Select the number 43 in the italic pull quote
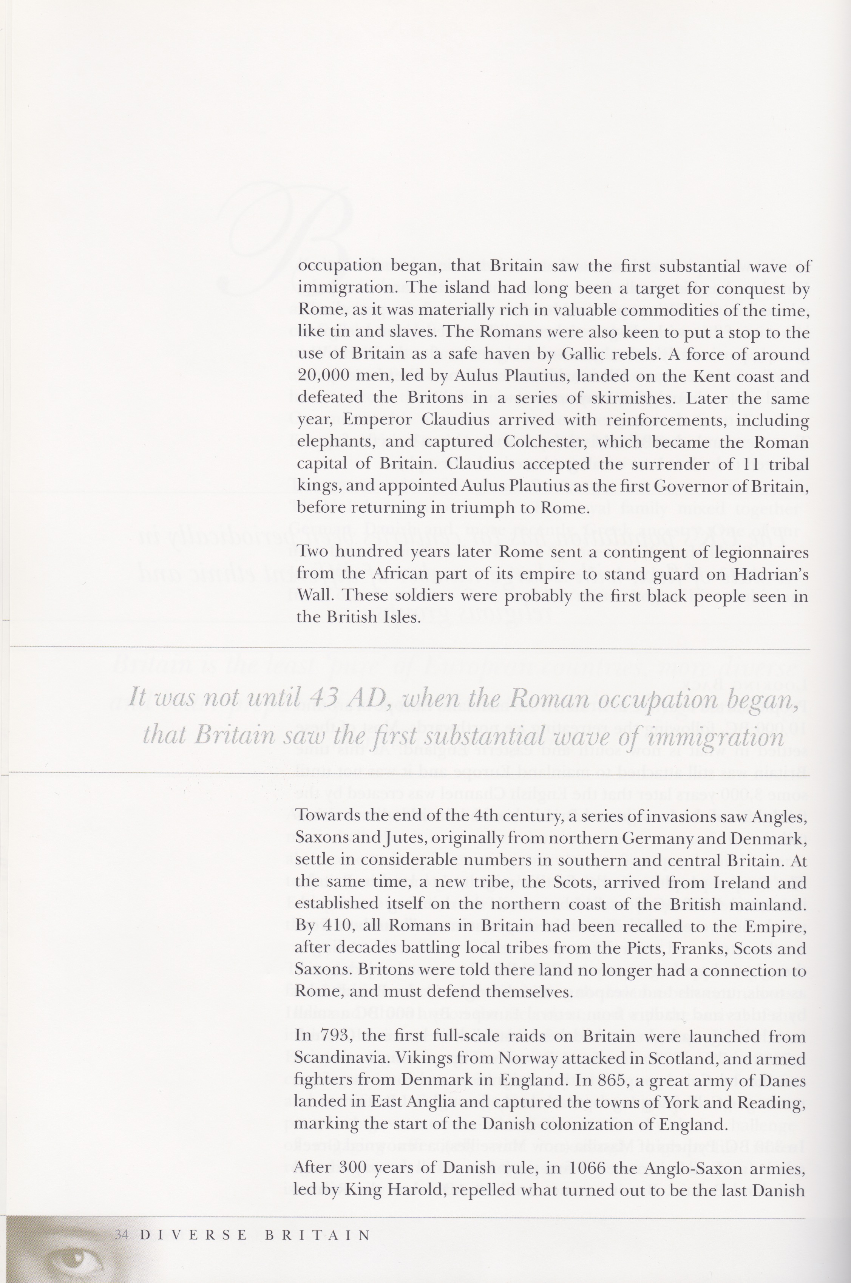coord(327,698)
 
